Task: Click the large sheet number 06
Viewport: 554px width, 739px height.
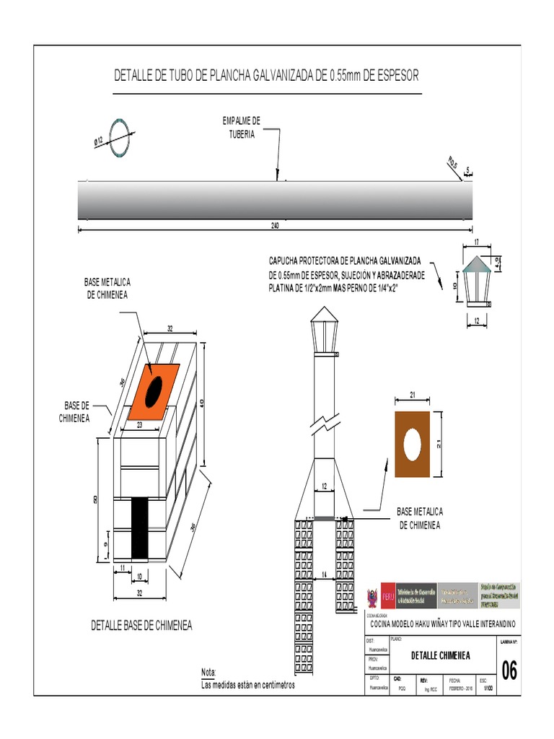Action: pyautogui.click(x=509, y=670)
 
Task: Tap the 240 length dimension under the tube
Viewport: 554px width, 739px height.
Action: pyautogui.click(x=275, y=225)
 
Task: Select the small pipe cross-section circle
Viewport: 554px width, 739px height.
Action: pyautogui.click(x=118, y=131)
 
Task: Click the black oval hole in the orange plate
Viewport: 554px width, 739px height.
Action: pyautogui.click(x=154, y=390)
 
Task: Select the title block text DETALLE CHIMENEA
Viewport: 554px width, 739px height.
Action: pyautogui.click(x=441, y=655)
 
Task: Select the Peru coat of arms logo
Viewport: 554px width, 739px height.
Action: pyautogui.click(x=372, y=598)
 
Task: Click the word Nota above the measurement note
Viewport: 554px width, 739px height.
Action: pyautogui.click(x=208, y=672)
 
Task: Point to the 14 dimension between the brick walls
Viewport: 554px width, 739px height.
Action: pyautogui.click(x=325, y=573)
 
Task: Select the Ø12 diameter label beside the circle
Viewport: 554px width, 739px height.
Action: pyautogui.click(x=100, y=140)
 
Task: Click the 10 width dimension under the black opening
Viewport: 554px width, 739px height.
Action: pyautogui.click(x=138, y=575)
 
